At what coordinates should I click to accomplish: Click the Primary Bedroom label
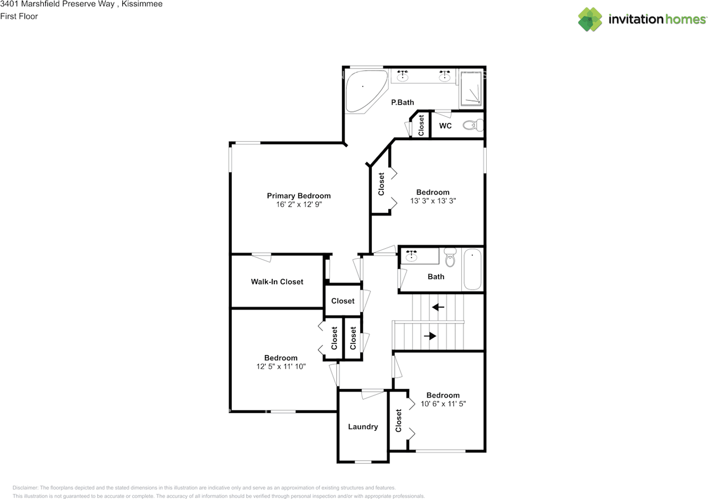pyautogui.click(x=299, y=196)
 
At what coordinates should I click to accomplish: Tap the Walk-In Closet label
pyautogui.click(x=277, y=282)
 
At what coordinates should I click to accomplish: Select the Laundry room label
pyautogui.click(x=363, y=426)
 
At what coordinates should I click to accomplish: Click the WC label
pyautogui.click(x=445, y=126)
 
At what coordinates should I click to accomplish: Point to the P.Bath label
pyautogui.click(x=402, y=102)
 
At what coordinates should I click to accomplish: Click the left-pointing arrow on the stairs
pyautogui.click(x=438, y=307)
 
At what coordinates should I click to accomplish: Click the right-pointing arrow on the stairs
pyautogui.click(x=430, y=336)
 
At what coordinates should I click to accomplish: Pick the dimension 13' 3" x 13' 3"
pyautogui.click(x=433, y=201)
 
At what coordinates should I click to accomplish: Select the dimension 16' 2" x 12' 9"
pyautogui.click(x=299, y=204)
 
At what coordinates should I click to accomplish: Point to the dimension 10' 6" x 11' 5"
pyautogui.click(x=442, y=404)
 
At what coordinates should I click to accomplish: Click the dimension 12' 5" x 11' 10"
pyautogui.click(x=280, y=366)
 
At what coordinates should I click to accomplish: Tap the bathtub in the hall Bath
pyautogui.click(x=472, y=269)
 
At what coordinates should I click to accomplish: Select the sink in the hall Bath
pyautogui.click(x=411, y=256)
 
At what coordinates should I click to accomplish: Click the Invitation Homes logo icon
pyautogui.click(x=590, y=19)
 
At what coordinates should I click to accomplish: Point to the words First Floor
pyautogui.click(x=19, y=16)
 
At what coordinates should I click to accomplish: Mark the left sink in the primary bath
pyautogui.click(x=403, y=76)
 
